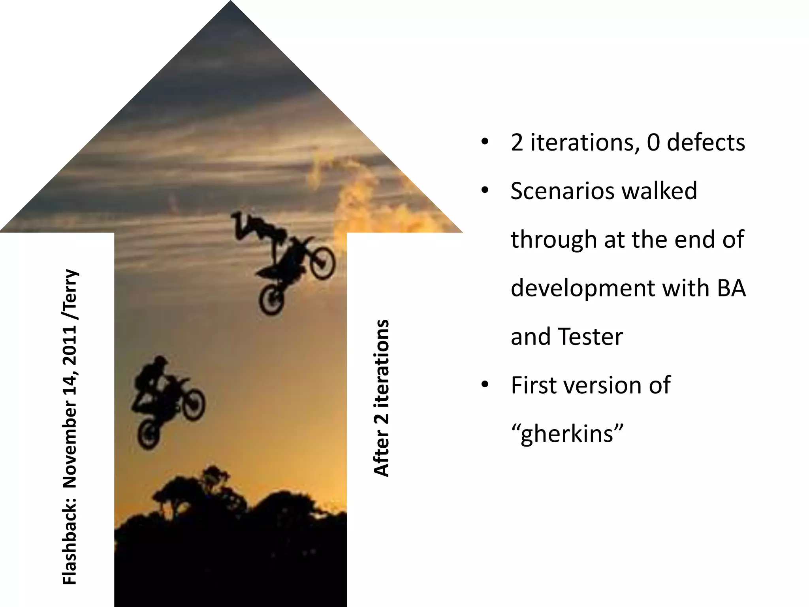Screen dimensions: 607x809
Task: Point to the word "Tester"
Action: tap(590, 337)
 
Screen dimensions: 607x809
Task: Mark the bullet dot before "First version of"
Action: tap(485, 385)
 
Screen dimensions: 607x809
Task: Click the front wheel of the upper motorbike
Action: tap(323, 262)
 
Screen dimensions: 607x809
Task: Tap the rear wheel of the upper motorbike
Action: tap(272, 300)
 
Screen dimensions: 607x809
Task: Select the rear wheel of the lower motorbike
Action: tap(149, 434)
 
